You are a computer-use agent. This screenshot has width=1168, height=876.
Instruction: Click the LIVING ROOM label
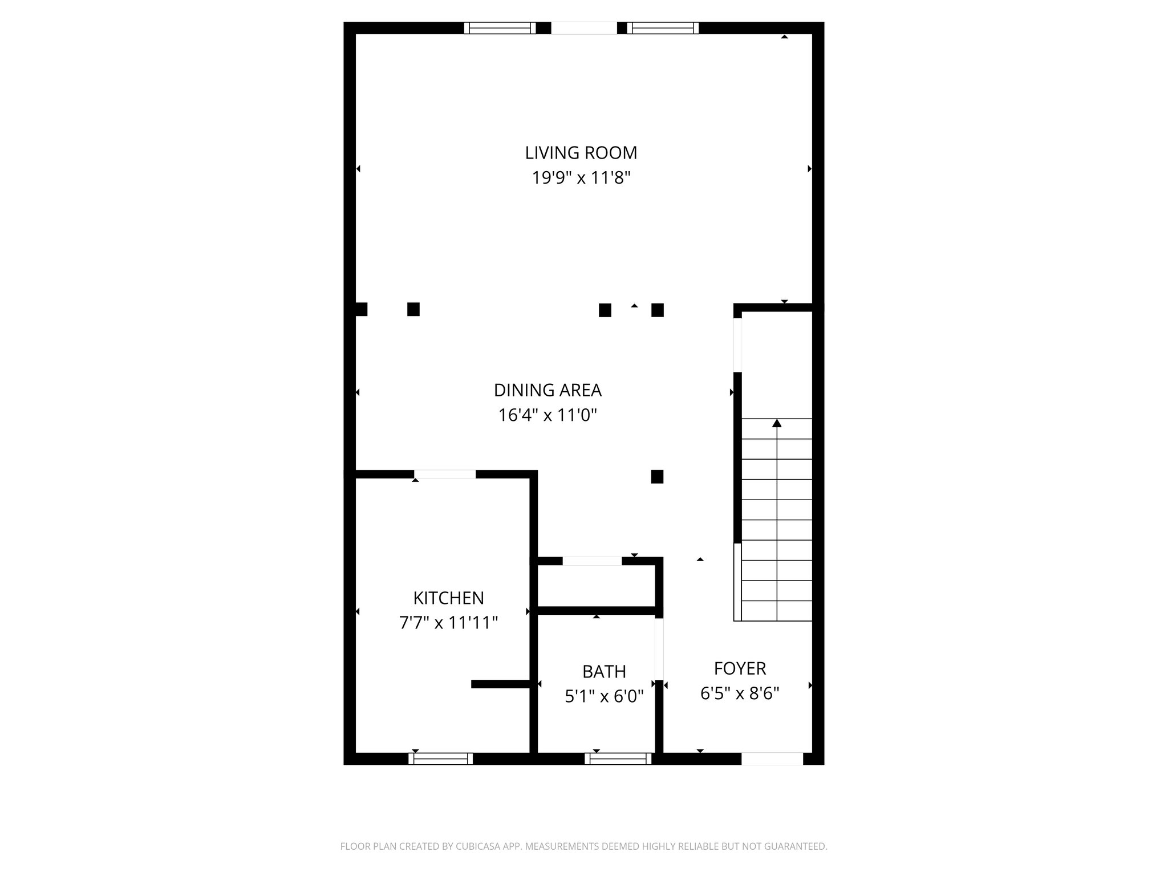click(581, 153)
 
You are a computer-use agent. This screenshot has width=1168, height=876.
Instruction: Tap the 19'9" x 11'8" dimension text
click(581, 179)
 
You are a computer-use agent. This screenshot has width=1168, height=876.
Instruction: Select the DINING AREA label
click(547, 390)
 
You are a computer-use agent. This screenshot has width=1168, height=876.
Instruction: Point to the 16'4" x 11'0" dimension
click(547, 415)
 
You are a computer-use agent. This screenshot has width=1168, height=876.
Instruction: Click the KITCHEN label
click(448, 598)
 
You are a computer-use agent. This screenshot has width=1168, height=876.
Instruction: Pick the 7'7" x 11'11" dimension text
click(448, 623)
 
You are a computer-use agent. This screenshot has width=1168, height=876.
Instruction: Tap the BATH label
click(604, 671)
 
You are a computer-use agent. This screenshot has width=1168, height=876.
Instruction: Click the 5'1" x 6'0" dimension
click(604, 696)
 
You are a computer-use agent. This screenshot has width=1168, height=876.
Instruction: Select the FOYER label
click(740, 668)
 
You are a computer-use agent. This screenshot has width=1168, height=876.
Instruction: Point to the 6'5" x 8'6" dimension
click(740, 693)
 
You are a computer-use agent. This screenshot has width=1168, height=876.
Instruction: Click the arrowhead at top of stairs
click(777, 423)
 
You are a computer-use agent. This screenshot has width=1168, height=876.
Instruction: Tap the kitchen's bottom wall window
click(441, 759)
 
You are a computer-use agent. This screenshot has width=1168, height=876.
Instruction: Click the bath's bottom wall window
click(618, 759)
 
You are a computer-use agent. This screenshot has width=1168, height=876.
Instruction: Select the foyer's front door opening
click(772, 759)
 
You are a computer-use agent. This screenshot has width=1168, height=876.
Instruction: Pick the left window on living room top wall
click(500, 28)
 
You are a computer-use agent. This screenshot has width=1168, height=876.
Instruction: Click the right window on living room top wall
click(663, 28)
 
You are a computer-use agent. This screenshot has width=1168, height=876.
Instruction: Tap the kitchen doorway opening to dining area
click(445, 474)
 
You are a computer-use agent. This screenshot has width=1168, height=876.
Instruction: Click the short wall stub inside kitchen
click(501, 684)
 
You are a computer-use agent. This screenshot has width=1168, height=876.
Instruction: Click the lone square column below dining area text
click(657, 477)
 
